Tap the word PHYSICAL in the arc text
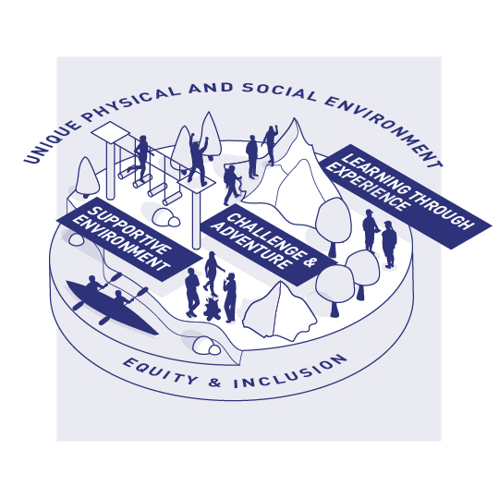coord(134,101)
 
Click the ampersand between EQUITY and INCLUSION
coord(215,383)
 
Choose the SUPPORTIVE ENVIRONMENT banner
coord(128,239)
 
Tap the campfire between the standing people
coord(212,309)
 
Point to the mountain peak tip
coord(295,118)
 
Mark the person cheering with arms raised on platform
coord(199,158)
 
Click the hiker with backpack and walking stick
coord(232,186)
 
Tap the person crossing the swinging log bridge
coord(140,156)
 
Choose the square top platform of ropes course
coord(111,131)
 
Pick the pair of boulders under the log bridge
coord(165,218)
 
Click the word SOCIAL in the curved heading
coord(279,92)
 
